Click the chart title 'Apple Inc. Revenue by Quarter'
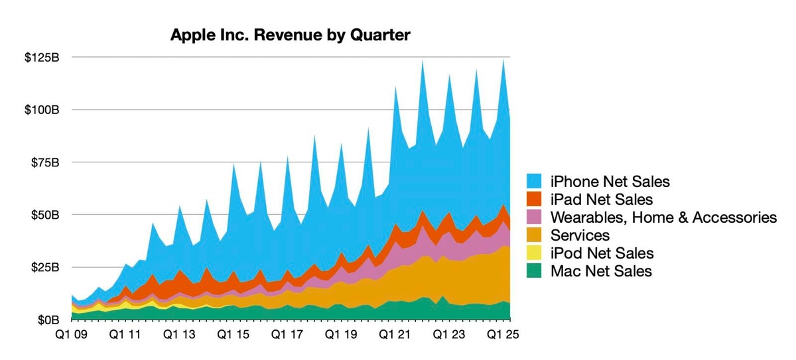[291, 35]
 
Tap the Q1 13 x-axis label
[180, 335]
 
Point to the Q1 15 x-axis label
[232, 335]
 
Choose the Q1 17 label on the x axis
[287, 335]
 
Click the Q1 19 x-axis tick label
[341, 335]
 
